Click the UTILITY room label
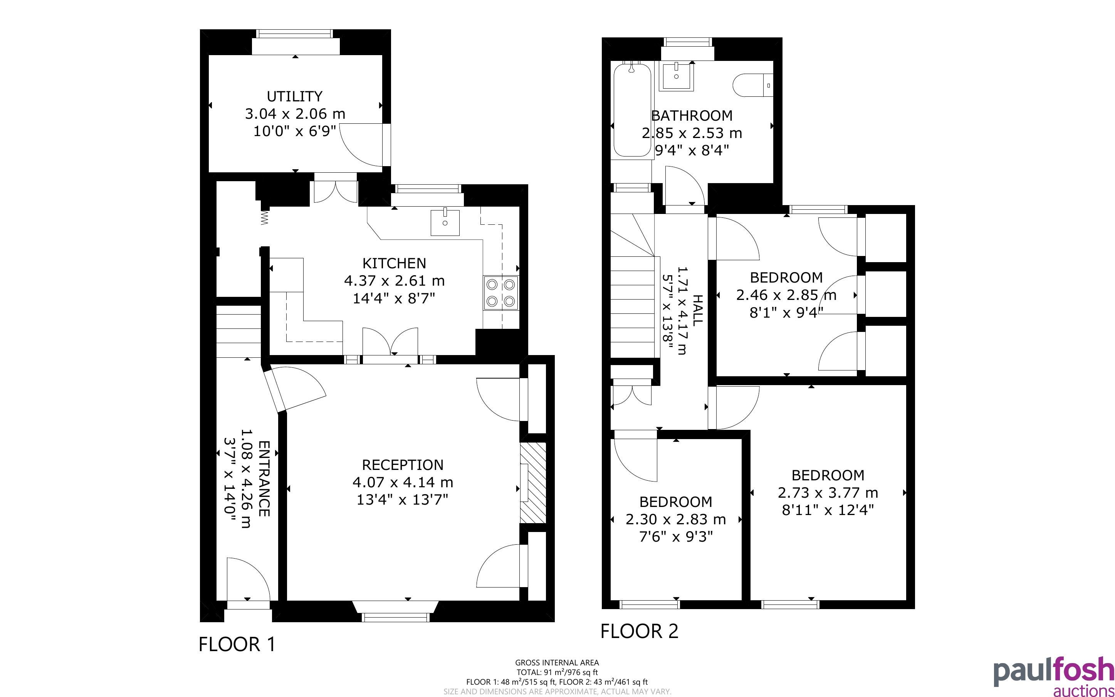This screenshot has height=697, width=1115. click(294, 96)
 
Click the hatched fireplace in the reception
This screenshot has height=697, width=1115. click(533, 483)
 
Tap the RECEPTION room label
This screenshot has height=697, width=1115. click(403, 465)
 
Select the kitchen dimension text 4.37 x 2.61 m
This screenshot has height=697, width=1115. click(394, 281)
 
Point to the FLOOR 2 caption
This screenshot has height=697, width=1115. click(639, 631)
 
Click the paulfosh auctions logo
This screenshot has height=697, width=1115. click(1054, 676)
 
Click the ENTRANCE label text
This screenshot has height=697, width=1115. click(264, 478)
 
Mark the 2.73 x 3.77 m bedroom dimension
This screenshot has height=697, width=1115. click(828, 493)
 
